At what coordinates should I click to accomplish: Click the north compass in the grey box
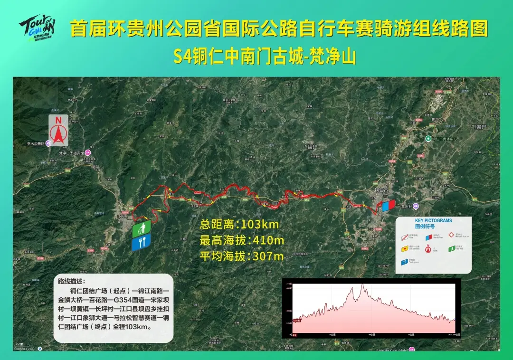point(58,130)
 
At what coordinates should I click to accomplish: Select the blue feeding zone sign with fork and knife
point(142,241)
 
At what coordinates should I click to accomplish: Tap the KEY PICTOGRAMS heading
point(433,221)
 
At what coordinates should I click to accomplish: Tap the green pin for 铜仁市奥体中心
point(428,139)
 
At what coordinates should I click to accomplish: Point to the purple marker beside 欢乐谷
point(416,206)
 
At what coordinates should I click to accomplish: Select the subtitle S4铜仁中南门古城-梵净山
point(264,57)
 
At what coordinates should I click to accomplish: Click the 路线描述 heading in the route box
point(71,281)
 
